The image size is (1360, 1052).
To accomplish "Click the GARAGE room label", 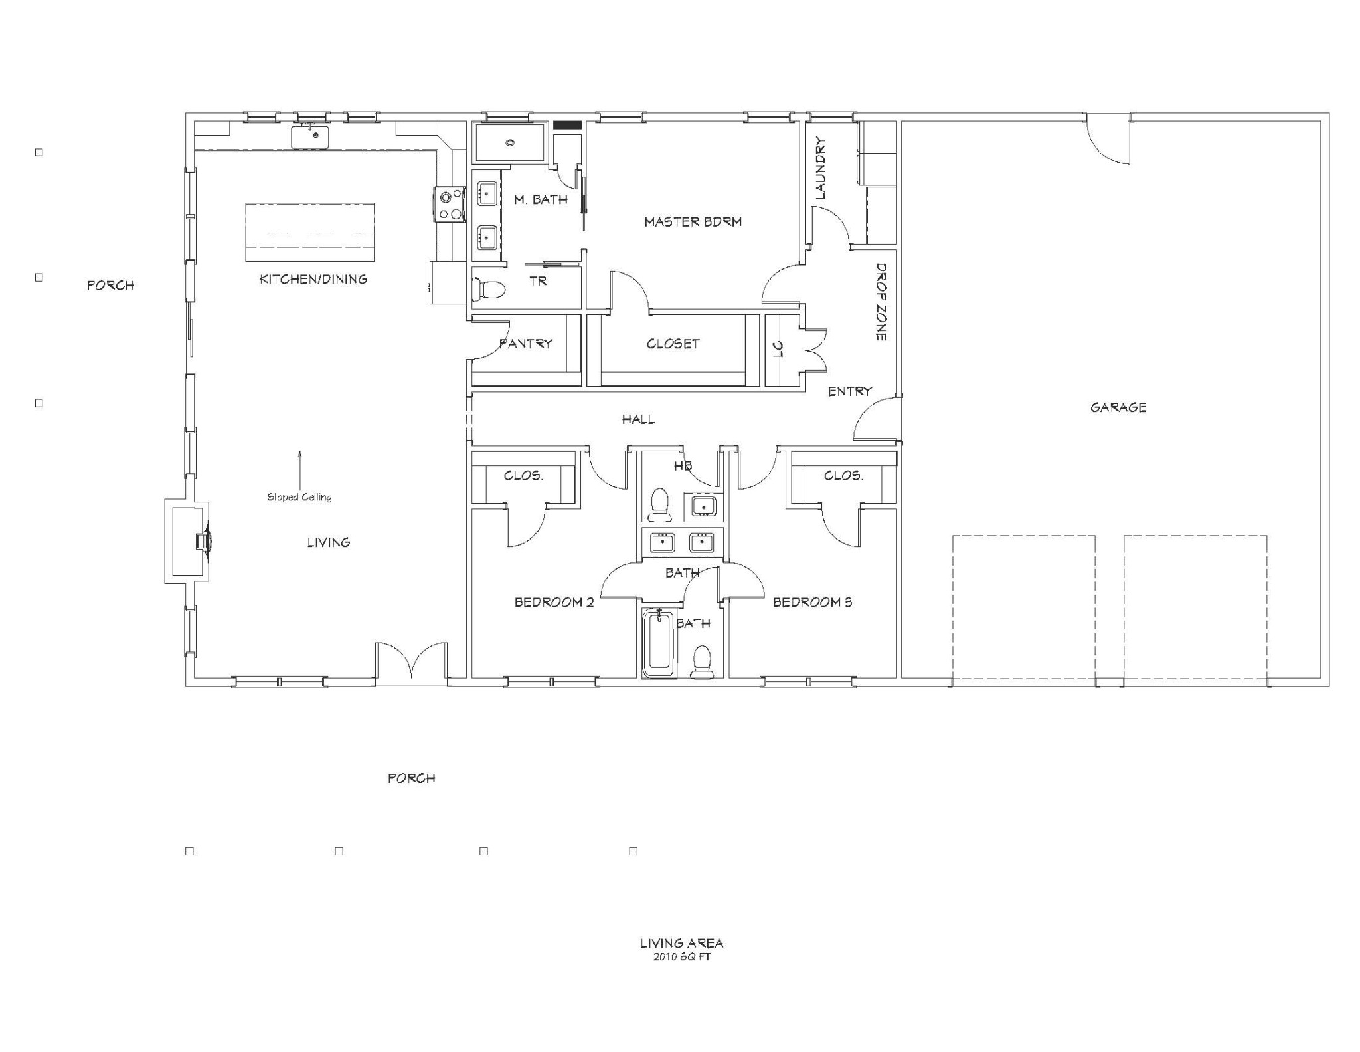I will [1118, 407].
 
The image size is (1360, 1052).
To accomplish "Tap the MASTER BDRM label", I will [693, 222].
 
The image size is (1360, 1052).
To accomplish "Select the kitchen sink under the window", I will [310, 136].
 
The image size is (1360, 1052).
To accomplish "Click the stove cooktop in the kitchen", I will [450, 204].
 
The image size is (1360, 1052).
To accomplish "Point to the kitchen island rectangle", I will [310, 233].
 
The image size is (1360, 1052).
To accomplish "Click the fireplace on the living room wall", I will [188, 542].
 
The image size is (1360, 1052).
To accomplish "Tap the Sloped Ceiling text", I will [299, 497].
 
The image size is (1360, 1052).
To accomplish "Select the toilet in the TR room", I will [488, 290].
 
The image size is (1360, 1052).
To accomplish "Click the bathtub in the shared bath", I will [659, 643].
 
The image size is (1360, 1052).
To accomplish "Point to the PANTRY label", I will [525, 344].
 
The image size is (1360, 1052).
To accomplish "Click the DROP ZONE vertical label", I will [881, 302].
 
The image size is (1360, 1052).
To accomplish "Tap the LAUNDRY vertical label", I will [820, 168].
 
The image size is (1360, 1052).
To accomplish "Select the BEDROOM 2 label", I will [554, 603].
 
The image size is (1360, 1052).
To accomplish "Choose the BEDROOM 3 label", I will [812, 603].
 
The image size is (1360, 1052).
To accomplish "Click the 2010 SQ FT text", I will [681, 957].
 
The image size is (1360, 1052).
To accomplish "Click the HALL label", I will [638, 419].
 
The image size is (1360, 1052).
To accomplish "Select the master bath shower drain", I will [510, 143].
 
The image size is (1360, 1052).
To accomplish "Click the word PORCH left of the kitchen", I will [110, 286].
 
